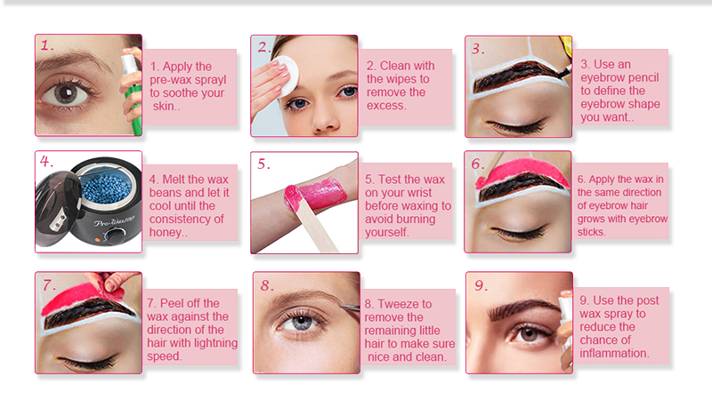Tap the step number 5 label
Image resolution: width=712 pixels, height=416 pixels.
click(x=264, y=164)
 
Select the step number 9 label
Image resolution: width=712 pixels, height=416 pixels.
click(x=481, y=285)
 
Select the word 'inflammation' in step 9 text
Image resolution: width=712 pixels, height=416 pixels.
click(x=614, y=353)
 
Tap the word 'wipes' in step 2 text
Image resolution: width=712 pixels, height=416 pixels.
click(x=387, y=79)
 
